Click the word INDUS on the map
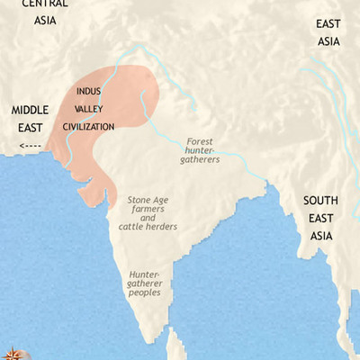tap(88, 92)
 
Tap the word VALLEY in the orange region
tap(89, 109)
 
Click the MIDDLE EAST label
tap(30, 118)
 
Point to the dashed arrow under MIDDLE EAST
tap(31, 144)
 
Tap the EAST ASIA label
tap(328, 33)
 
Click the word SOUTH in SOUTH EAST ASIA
tap(320, 201)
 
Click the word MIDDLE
tap(30, 110)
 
